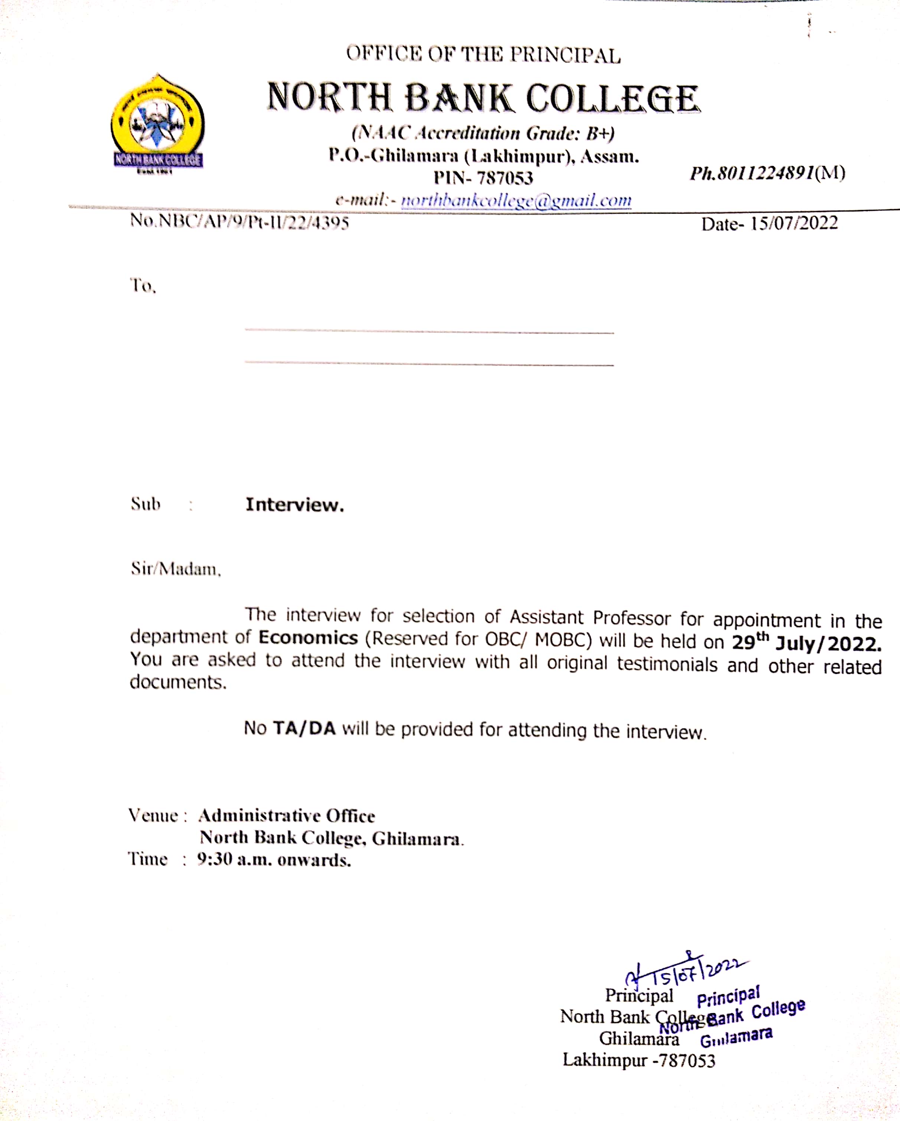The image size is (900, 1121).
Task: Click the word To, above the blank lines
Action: (143, 285)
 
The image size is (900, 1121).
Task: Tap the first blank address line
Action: (429, 330)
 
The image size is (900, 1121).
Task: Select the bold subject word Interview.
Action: (294, 505)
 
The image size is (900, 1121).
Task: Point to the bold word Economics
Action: (308, 638)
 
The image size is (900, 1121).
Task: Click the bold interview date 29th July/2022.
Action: (806, 643)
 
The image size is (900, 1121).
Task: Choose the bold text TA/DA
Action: (304, 728)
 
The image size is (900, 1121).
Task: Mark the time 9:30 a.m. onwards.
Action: (274, 860)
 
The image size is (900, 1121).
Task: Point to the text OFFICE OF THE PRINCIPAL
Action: (483, 55)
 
